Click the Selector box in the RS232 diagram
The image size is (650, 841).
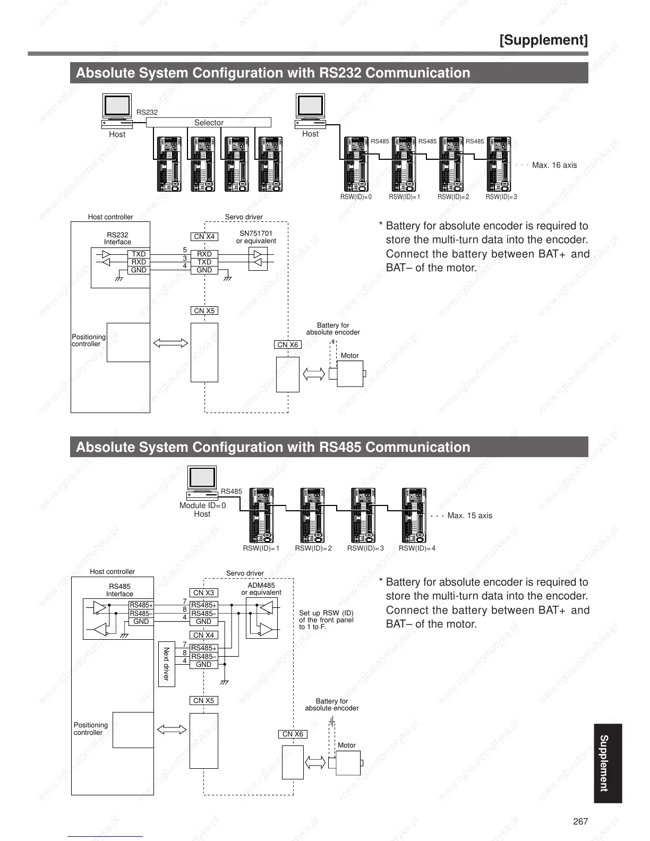point(208,123)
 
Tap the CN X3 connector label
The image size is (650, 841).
point(203,593)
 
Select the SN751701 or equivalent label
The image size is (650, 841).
point(256,237)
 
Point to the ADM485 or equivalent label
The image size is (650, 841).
point(261,589)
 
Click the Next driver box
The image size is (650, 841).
point(166,664)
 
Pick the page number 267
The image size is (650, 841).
point(580,821)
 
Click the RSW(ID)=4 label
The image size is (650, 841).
point(417,548)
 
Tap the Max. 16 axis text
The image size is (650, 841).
point(554,165)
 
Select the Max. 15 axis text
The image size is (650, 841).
point(469,516)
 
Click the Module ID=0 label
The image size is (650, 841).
point(202,505)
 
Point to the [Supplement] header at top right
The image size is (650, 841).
point(543,40)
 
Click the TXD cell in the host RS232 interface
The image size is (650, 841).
point(139,254)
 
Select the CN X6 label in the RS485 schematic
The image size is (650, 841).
point(293,734)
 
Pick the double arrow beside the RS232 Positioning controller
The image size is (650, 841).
point(170,343)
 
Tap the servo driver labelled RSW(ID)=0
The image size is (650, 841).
point(356,165)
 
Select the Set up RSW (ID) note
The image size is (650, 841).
point(326,620)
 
